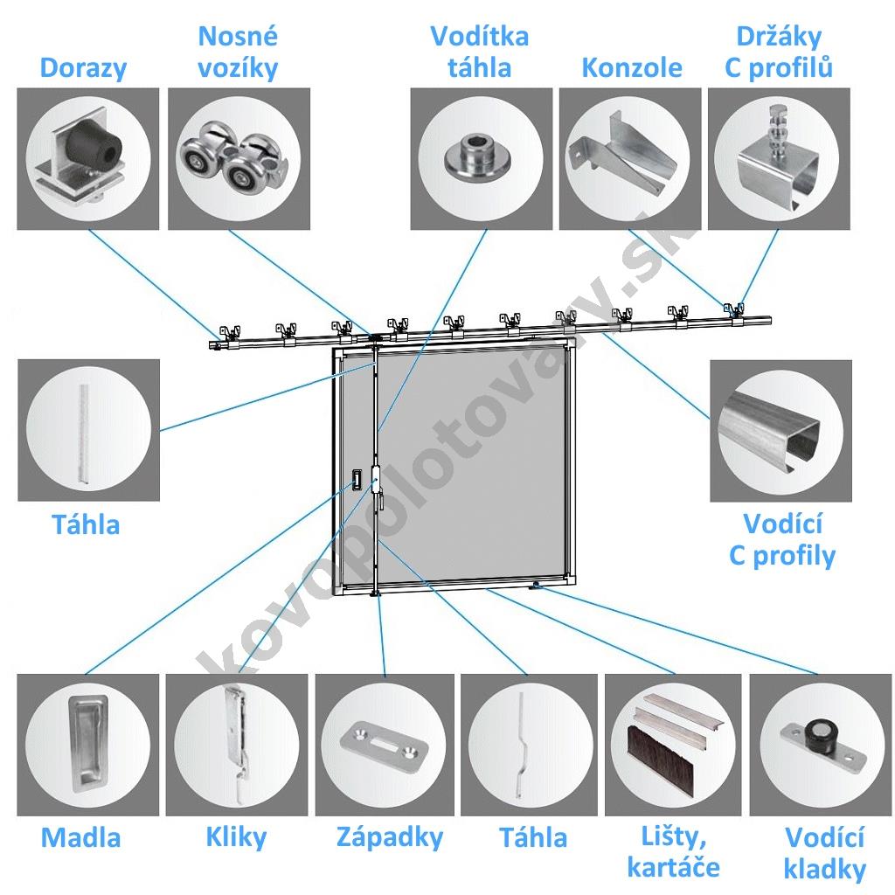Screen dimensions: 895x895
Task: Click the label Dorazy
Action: click(x=83, y=68)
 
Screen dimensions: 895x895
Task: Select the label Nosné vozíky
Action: click(x=238, y=52)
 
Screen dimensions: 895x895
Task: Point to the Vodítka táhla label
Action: click(x=479, y=52)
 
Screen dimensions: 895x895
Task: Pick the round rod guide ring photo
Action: click(x=477, y=157)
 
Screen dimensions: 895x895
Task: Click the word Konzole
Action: click(x=631, y=68)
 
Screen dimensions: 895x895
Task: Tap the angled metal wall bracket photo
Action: click(x=623, y=157)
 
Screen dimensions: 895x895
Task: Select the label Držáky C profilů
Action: click(x=779, y=52)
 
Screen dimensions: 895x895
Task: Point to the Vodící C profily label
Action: click(x=782, y=539)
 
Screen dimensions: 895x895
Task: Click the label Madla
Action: click(x=81, y=837)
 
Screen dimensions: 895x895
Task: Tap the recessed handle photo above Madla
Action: click(x=87, y=742)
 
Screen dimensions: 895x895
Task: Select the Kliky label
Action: click(x=236, y=836)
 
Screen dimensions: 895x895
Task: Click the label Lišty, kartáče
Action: click(x=673, y=852)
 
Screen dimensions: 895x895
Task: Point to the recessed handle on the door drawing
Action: click(x=357, y=479)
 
